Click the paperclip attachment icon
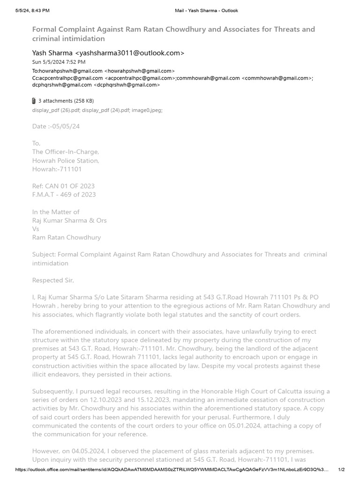[x=34, y=101]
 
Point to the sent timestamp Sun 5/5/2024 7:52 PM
[x=59, y=62]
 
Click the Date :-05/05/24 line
[x=52, y=127]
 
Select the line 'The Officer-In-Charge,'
[x=65, y=152]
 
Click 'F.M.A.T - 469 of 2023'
[x=64, y=195]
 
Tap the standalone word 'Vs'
[x=36, y=229]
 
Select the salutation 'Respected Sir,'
[x=53, y=280]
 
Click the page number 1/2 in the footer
[x=341, y=470]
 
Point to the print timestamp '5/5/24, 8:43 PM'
[x=32, y=10]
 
